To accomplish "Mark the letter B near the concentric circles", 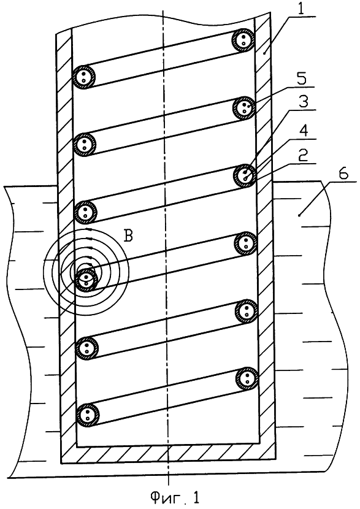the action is tap(129, 236).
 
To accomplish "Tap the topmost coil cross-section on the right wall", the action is tap(243, 40).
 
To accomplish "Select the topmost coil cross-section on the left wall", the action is tap(84, 77).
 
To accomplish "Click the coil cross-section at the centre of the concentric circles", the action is tap(86, 280).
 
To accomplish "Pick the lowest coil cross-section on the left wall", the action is tap(87, 415).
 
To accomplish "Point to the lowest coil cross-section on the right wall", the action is tap(247, 378).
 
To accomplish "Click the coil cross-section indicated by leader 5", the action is tap(244, 108).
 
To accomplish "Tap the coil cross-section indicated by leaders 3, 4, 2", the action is tap(245, 176).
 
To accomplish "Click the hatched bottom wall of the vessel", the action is tap(169, 455).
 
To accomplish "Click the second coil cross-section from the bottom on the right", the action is tap(247, 312).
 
